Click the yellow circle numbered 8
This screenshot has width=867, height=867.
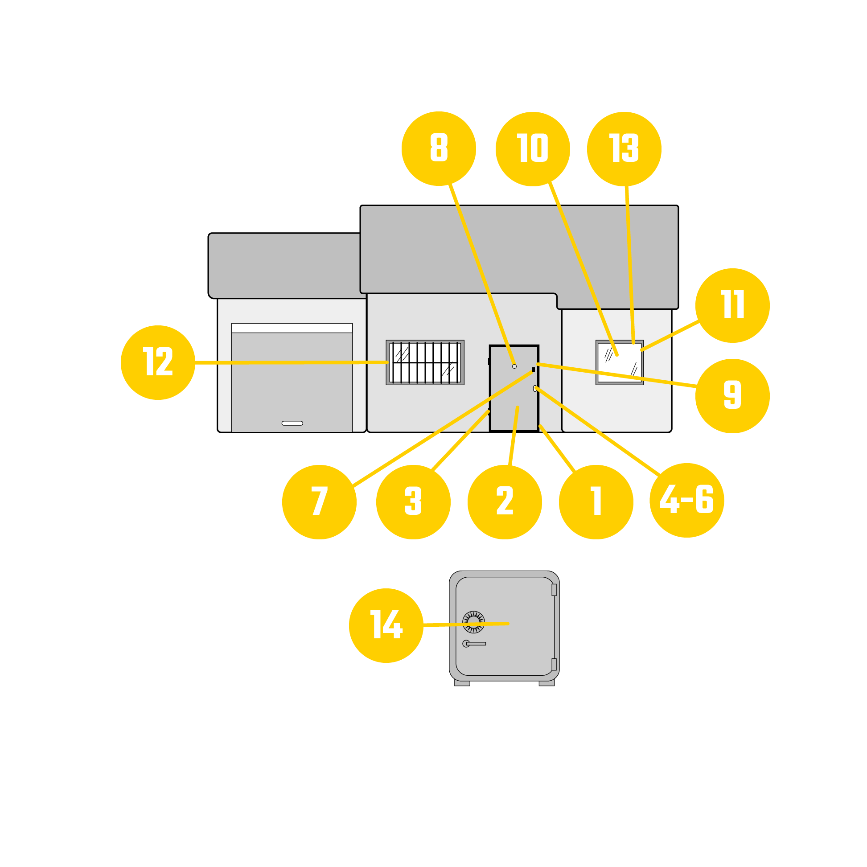tap(439, 148)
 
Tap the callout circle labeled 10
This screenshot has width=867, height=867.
tap(533, 149)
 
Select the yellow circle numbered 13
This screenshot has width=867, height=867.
tap(624, 149)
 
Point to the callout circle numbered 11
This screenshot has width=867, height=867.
tap(732, 306)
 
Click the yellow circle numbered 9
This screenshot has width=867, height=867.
tap(732, 396)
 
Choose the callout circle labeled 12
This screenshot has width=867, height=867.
tap(158, 362)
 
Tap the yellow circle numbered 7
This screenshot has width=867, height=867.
tap(319, 502)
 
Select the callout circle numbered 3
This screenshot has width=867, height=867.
tap(413, 502)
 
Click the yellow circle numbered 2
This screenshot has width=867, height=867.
tap(505, 502)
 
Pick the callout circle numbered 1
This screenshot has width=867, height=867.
tap(596, 502)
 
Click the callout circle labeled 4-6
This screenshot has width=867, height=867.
tap(687, 501)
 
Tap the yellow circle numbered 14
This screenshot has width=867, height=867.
tap(386, 625)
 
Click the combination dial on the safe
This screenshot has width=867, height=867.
tap(473, 622)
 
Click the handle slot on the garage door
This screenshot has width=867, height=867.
tap(292, 423)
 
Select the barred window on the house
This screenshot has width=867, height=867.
tap(425, 362)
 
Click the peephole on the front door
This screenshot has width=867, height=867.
tap(514, 366)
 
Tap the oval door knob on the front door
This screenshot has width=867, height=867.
tap(535, 389)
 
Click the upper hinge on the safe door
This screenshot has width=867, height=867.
tap(554, 590)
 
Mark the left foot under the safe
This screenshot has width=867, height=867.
tap(462, 683)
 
